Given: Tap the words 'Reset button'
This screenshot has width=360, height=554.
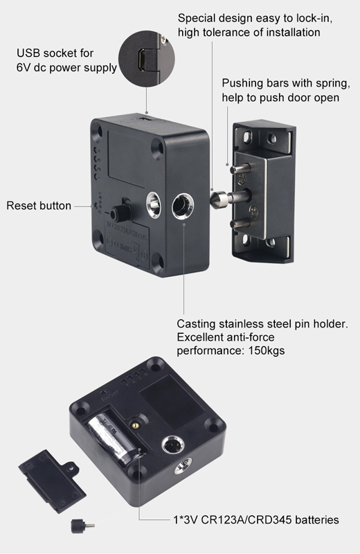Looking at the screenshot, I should click(x=39, y=206).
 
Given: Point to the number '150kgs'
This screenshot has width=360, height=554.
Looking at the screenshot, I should click(x=259, y=351).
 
